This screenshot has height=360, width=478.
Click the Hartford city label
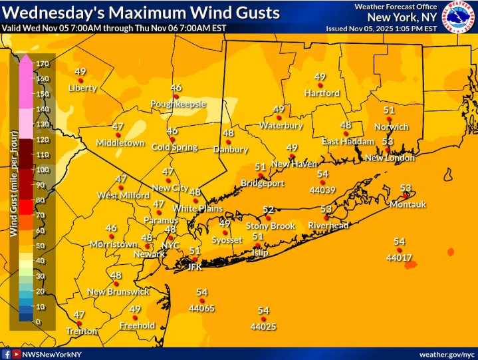pyautogui.click(x=322, y=93)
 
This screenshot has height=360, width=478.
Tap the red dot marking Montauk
pyautogui.click(x=405, y=196)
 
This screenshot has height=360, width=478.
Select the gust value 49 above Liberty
pyautogui.click(x=80, y=72)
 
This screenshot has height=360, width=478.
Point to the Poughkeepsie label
pyautogui.click(x=178, y=104)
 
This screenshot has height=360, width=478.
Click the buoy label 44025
pyautogui.click(x=263, y=327)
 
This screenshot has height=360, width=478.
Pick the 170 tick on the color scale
pyautogui.click(x=43, y=64)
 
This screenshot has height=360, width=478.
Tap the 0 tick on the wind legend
pyautogui.click(x=37, y=322)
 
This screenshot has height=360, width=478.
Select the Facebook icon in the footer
pyautogui.click(x=6, y=354)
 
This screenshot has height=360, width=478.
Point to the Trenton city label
pyautogui.click(x=82, y=331)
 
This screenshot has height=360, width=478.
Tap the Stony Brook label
pyautogui.click(x=270, y=226)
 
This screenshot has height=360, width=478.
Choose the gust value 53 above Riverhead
pyautogui.click(x=326, y=209)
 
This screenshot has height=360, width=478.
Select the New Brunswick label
pyautogui.click(x=118, y=292)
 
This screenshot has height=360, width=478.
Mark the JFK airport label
pyautogui.click(x=194, y=267)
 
